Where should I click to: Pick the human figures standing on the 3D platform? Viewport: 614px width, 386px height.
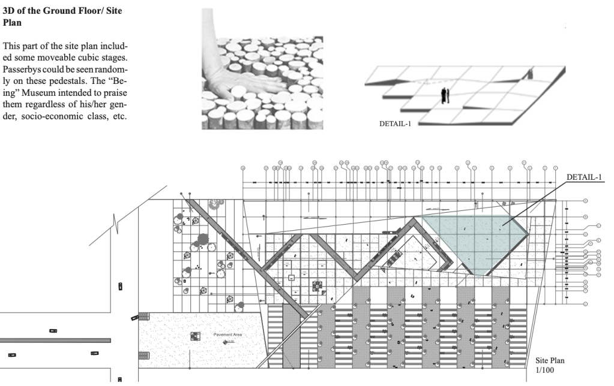click(445, 95)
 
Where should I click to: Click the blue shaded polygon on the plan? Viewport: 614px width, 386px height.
click(474, 240)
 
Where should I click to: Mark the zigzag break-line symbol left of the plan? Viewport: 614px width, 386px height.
click(119, 225)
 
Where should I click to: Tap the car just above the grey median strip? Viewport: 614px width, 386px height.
click(53, 330)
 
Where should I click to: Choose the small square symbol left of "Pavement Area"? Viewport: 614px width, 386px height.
click(195, 336)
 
